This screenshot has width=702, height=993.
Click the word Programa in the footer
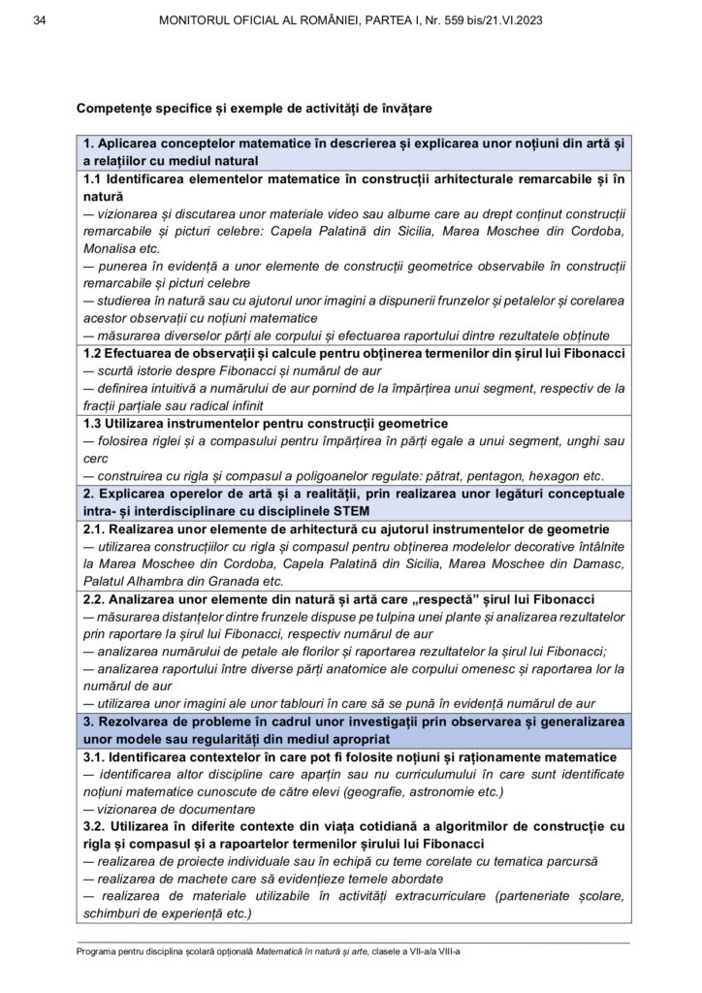pos(100,951)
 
